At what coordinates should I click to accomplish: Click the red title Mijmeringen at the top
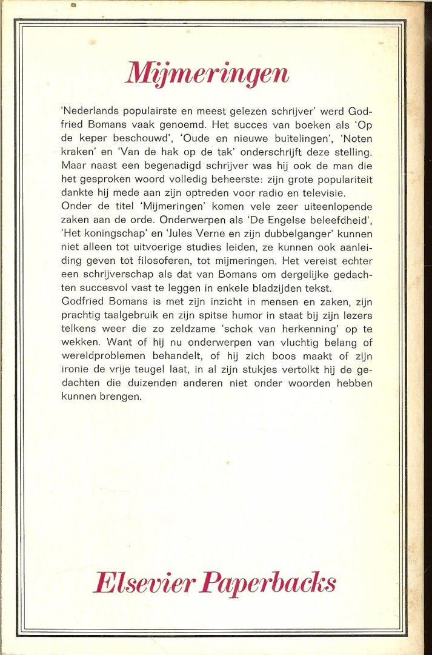click(x=207, y=74)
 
